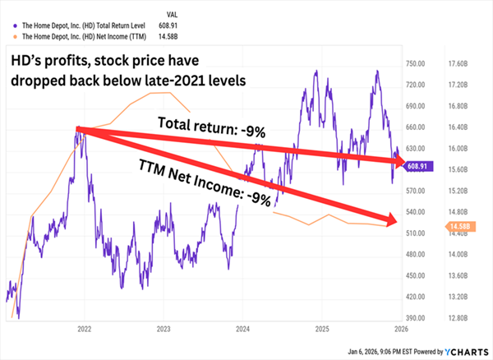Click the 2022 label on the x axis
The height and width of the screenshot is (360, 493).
83,327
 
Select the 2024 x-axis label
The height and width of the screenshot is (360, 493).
243,327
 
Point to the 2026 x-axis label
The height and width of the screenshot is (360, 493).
399,327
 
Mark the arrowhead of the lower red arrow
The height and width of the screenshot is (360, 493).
393,218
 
